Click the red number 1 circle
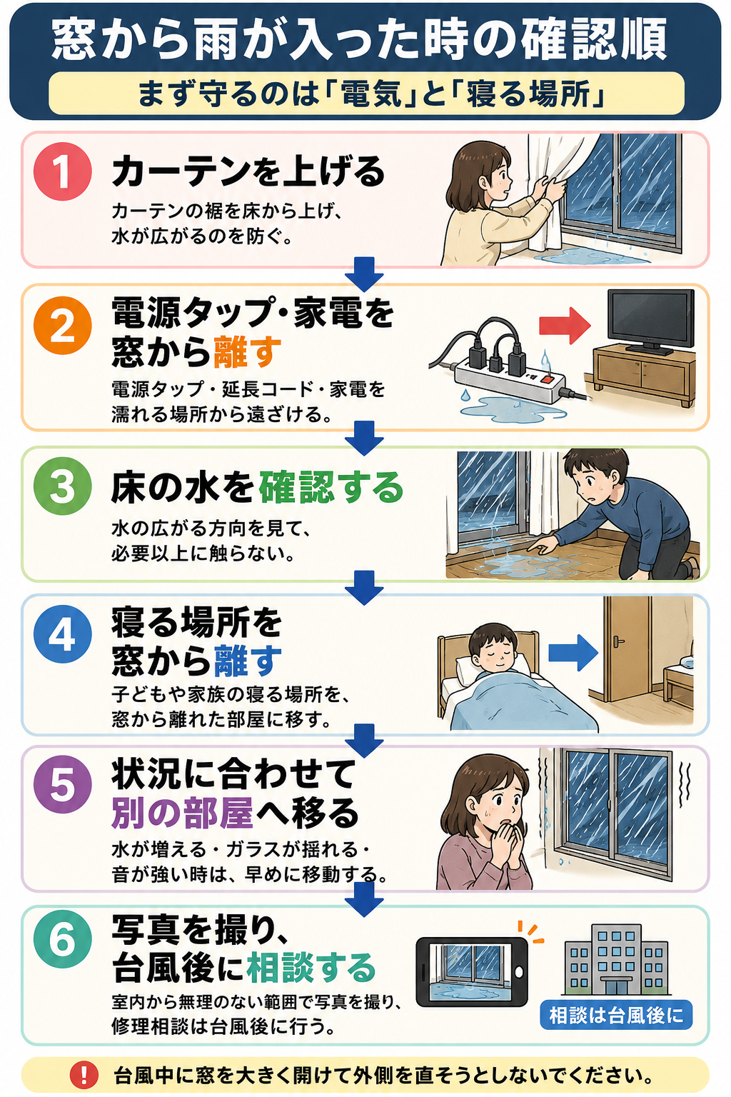click(63, 171)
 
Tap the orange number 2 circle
click(63, 325)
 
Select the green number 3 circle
click(63, 486)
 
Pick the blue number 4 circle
click(63, 634)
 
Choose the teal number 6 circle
click(63, 939)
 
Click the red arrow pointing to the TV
click(565, 326)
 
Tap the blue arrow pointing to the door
click(573, 652)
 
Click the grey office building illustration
click(615, 957)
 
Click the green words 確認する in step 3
click(331, 488)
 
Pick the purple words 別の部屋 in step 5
click(182, 813)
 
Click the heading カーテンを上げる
click(248, 172)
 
